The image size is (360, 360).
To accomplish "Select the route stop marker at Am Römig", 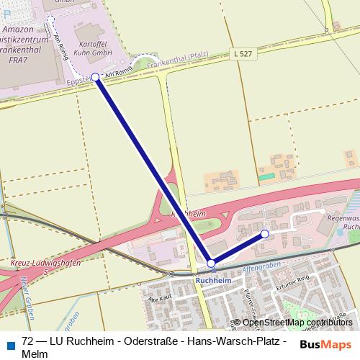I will [x=95, y=77].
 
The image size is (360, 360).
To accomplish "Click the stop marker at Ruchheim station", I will [x=210, y=264].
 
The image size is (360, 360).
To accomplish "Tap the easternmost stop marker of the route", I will [x=265, y=234].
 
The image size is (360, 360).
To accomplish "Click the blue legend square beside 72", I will [x=11, y=343].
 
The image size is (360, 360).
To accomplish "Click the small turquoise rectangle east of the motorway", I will [x=267, y=176].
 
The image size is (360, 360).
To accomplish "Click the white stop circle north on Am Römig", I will [x=50, y=20].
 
